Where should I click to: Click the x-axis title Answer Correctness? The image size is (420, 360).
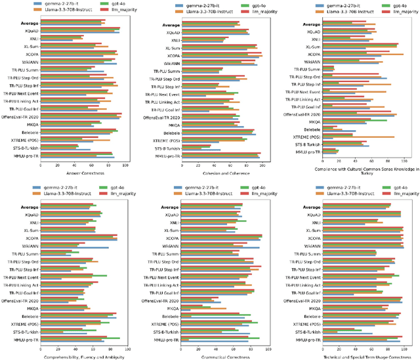[x=81, y=173]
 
